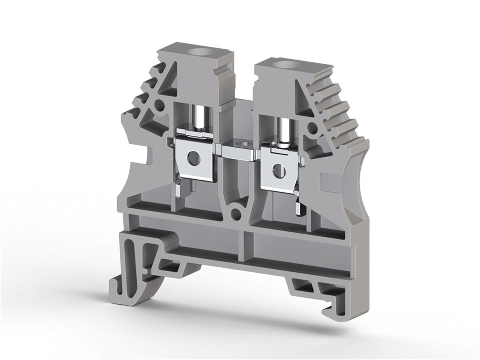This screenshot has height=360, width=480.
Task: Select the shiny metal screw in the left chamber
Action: (x=198, y=117)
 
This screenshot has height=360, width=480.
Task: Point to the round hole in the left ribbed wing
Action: (x=159, y=105)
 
